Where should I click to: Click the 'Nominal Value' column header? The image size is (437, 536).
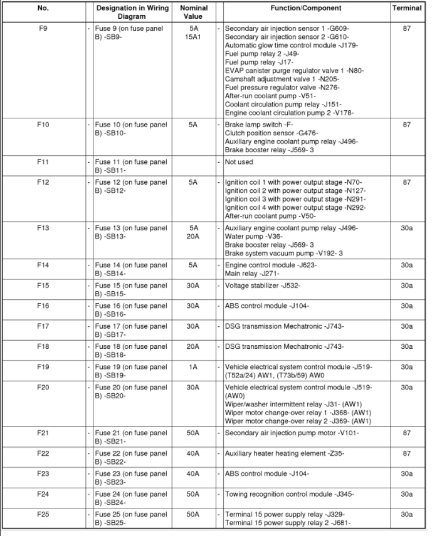(x=194, y=13)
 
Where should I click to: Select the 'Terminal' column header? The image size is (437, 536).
(x=406, y=8)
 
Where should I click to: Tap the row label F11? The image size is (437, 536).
(x=43, y=162)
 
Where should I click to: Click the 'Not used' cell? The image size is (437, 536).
(x=239, y=162)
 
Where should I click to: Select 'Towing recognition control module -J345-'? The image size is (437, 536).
(x=289, y=494)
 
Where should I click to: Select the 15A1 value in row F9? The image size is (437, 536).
(x=194, y=37)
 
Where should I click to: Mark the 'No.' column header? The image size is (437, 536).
(x=43, y=8)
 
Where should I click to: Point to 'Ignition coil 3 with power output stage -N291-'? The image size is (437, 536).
(x=295, y=199)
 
